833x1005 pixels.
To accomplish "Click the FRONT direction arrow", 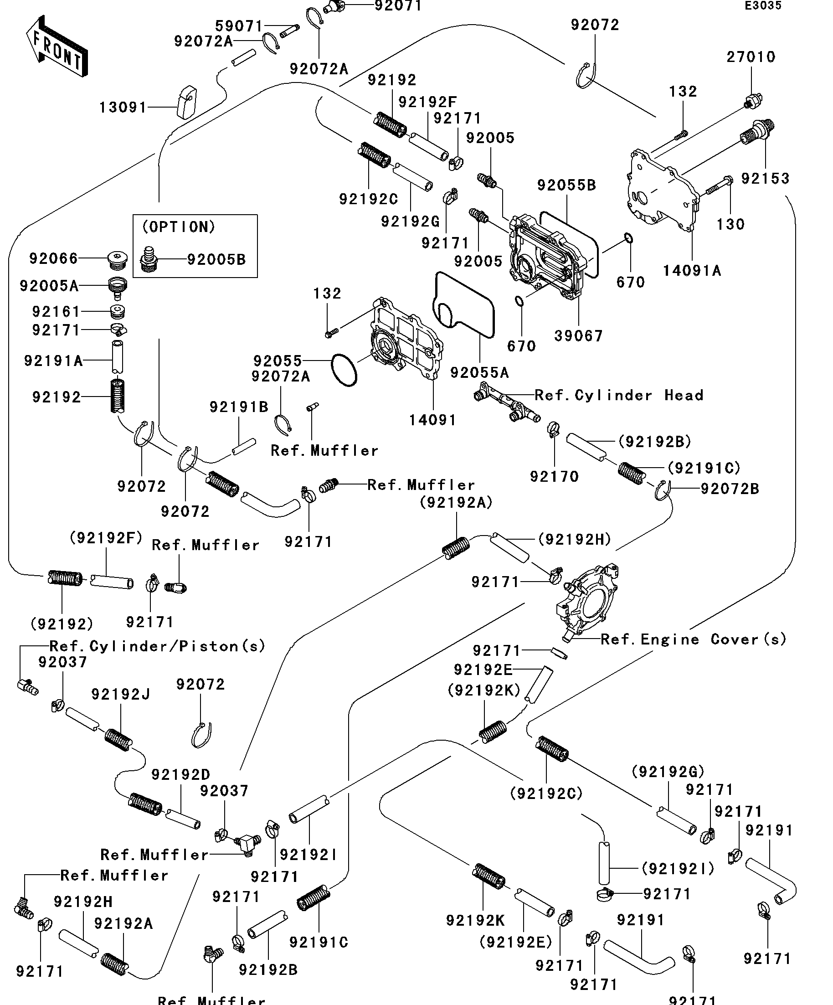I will [x=57, y=46].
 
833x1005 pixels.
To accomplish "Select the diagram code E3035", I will [x=763, y=6].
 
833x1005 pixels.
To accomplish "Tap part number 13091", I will [x=123, y=108].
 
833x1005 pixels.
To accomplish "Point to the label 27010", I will [x=751, y=57].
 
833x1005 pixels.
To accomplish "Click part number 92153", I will [x=765, y=179].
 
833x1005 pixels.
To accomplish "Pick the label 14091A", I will [x=691, y=271].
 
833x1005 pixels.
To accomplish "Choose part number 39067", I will [x=578, y=336].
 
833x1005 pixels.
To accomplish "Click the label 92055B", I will [x=566, y=185].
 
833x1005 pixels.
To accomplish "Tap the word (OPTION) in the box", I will [x=179, y=227].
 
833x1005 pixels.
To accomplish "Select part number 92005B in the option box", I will [x=216, y=260].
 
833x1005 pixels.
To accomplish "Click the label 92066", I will [x=54, y=259].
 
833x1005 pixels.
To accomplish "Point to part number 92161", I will [x=56, y=312].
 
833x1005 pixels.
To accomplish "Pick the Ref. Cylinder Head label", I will [x=619, y=395].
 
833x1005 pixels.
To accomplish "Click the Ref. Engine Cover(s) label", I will [x=693, y=639].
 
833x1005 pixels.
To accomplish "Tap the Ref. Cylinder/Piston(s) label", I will [x=157, y=647].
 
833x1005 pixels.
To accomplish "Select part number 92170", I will [x=554, y=477].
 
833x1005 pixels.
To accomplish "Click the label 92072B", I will [x=730, y=489].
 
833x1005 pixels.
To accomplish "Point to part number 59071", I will [x=239, y=26].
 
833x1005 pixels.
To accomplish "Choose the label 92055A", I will [x=479, y=373].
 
